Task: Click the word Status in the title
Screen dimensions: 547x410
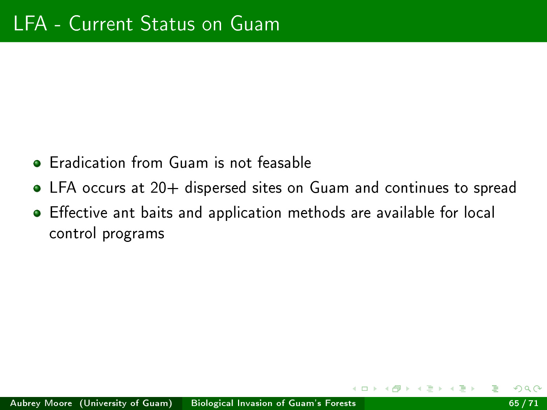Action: [x=168, y=24]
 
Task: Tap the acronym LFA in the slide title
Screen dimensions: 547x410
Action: [x=30, y=24]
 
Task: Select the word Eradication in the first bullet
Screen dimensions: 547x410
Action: [x=87, y=163]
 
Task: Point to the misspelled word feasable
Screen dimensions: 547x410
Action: [x=284, y=162]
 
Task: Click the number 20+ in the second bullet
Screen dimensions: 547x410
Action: [x=165, y=187]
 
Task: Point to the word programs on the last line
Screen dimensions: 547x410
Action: [x=133, y=234]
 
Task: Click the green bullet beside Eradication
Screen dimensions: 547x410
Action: [x=37, y=163]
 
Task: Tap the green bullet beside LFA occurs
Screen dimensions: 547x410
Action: [x=37, y=188]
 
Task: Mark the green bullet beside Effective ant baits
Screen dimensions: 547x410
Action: [x=37, y=213]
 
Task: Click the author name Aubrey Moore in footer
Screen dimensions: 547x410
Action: [x=41, y=403]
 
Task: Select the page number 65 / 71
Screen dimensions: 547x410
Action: [x=523, y=403]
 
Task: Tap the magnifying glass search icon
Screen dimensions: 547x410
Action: [x=527, y=389]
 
